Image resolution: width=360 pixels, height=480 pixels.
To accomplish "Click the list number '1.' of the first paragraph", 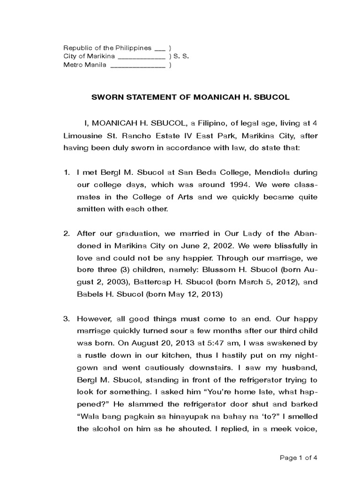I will (x=67, y=172).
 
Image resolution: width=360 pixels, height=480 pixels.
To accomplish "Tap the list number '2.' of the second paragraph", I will (x=67, y=233).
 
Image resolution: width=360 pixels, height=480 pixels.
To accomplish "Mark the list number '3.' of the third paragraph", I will (x=67, y=319).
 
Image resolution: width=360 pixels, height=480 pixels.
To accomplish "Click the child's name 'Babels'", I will (x=89, y=294).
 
